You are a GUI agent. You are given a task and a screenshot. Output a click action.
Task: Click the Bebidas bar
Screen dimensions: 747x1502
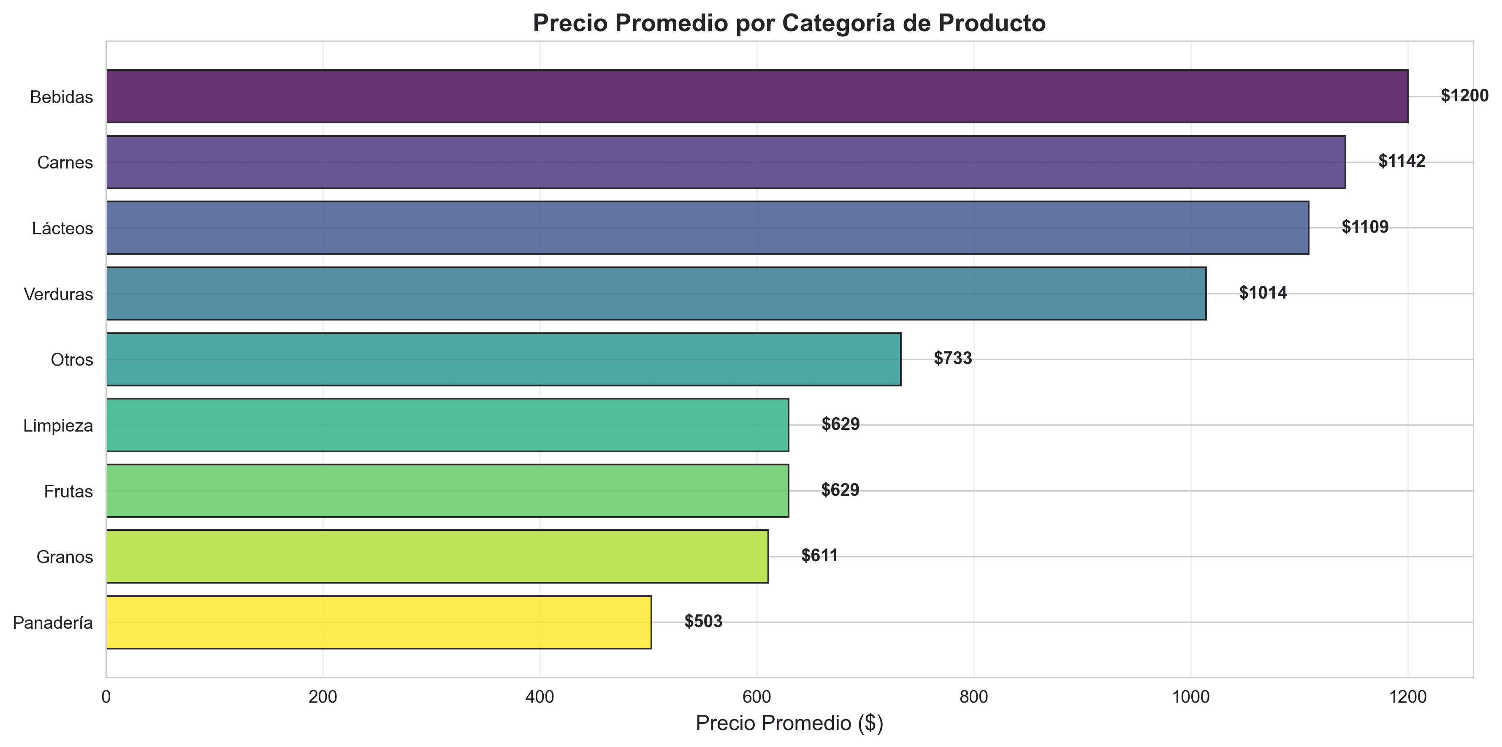(x=757, y=96)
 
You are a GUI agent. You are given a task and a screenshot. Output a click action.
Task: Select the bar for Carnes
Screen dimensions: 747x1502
(x=725, y=162)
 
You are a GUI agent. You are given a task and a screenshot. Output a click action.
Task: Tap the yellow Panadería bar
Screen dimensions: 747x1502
(x=378, y=622)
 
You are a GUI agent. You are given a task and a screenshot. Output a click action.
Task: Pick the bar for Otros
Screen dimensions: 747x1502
(x=503, y=359)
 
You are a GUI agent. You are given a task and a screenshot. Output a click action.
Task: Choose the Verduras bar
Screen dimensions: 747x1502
(x=656, y=293)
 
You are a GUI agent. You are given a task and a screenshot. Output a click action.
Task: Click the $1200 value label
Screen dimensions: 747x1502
(x=1464, y=95)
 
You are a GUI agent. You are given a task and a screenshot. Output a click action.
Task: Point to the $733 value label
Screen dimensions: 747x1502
(x=953, y=358)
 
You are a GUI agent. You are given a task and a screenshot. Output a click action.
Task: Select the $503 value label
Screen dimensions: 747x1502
(x=703, y=621)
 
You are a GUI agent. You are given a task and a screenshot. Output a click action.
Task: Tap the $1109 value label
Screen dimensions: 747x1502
(x=1365, y=227)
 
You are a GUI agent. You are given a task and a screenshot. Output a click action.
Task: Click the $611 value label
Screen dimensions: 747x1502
(x=819, y=555)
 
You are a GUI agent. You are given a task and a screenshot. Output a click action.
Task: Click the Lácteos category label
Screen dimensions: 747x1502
(x=62, y=228)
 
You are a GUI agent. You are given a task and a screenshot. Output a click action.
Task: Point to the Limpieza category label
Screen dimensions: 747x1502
(x=58, y=426)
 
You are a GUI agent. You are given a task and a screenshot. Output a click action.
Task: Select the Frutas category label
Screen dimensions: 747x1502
(x=68, y=492)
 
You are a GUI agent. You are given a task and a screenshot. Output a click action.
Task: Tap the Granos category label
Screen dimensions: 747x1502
(x=65, y=557)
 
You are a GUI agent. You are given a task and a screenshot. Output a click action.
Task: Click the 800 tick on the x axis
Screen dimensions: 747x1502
(x=974, y=697)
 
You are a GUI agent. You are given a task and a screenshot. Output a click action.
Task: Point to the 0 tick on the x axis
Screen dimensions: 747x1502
(x=106, y=697)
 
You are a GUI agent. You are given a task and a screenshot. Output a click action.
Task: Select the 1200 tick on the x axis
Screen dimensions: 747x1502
(x=1407, y=697)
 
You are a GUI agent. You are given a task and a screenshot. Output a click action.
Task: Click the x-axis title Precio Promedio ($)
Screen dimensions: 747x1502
(x=789, y=723)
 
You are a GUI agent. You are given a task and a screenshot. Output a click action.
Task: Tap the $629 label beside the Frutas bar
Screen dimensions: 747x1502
(x=840, y=490)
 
